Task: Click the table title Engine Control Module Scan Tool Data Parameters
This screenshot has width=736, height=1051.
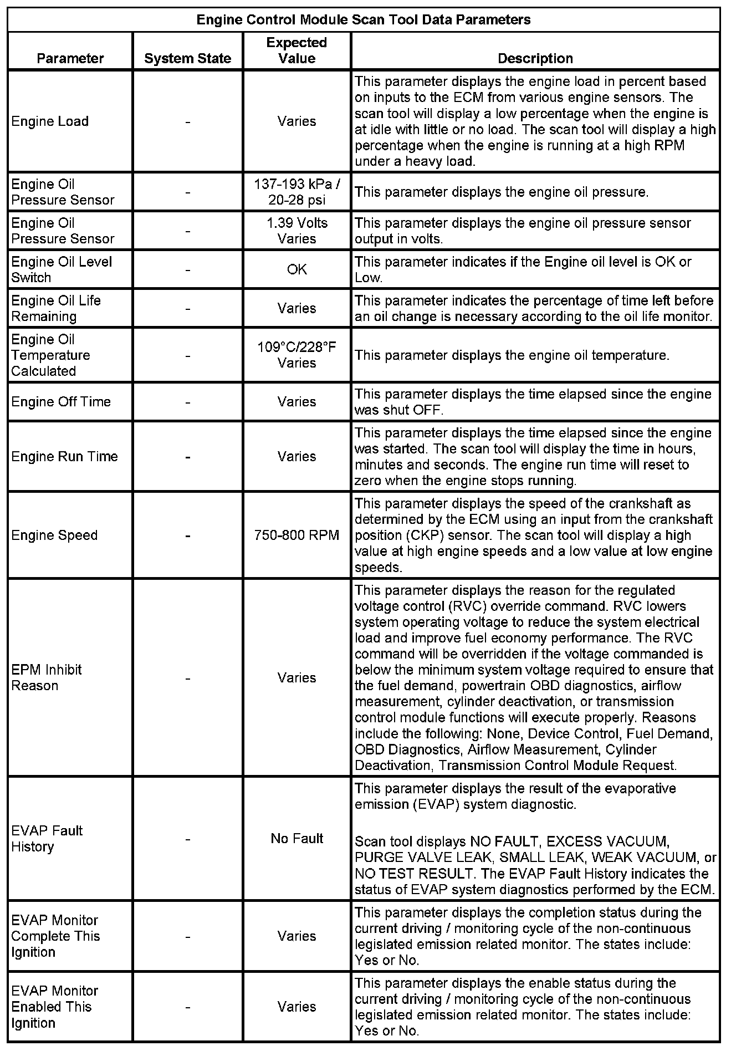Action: click(364, 20)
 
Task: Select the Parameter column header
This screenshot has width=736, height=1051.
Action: click(70, 58)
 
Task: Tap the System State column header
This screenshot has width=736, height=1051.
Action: click(188, 58)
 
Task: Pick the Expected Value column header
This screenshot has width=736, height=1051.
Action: click(297, 50)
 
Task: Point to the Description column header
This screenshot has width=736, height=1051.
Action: click(535, 58)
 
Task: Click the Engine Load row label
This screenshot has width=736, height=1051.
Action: click(50, 121)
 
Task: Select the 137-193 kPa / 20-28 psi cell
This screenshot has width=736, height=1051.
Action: click(297, 192)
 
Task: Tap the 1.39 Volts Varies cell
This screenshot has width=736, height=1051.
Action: click(297, 231)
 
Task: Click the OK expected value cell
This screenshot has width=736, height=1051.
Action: click(297, 269)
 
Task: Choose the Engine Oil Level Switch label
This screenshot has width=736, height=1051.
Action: click(62, 269)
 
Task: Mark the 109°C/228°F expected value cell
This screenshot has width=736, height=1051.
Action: click(297, 355)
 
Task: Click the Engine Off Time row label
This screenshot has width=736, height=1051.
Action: click(61, 402)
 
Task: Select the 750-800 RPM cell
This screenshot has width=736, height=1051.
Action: click(297, 535)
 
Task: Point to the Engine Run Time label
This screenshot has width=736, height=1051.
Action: click(64, 457)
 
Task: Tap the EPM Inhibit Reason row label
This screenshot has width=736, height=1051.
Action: click(47, 677)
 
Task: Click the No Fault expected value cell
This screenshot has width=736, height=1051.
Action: click(297, 839)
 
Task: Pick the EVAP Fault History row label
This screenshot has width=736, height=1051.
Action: click(47, 839)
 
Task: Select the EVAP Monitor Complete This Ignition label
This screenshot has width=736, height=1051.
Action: click(55, 936)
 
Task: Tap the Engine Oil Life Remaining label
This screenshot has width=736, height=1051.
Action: click(56, 308)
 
